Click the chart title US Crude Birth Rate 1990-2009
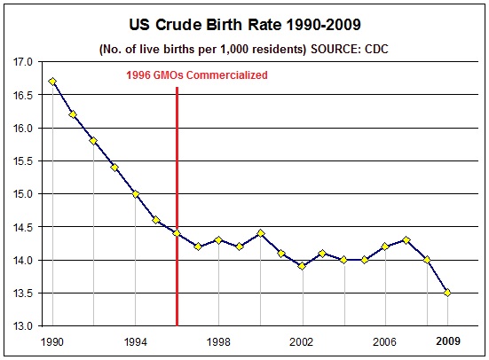244,21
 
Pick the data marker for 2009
447,293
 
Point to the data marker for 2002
302,266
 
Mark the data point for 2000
260,233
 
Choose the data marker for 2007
406,239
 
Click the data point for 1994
136,194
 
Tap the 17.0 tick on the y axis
21,62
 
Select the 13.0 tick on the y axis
21,326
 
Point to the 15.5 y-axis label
21,161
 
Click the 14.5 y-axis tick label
21,227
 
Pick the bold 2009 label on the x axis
449,340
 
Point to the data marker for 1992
94,141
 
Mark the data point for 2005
364,260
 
